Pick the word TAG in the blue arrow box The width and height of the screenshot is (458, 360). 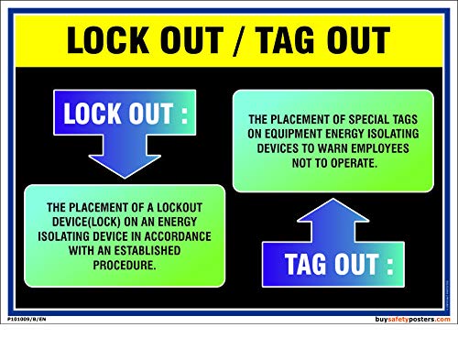tap(311, 265)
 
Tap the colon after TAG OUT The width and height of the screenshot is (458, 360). tap(390, 266)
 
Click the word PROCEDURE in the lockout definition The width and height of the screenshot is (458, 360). tap(125, 266)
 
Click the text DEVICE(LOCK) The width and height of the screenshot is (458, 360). tap(88, 222)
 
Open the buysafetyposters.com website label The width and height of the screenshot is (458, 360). tap(413, 319)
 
